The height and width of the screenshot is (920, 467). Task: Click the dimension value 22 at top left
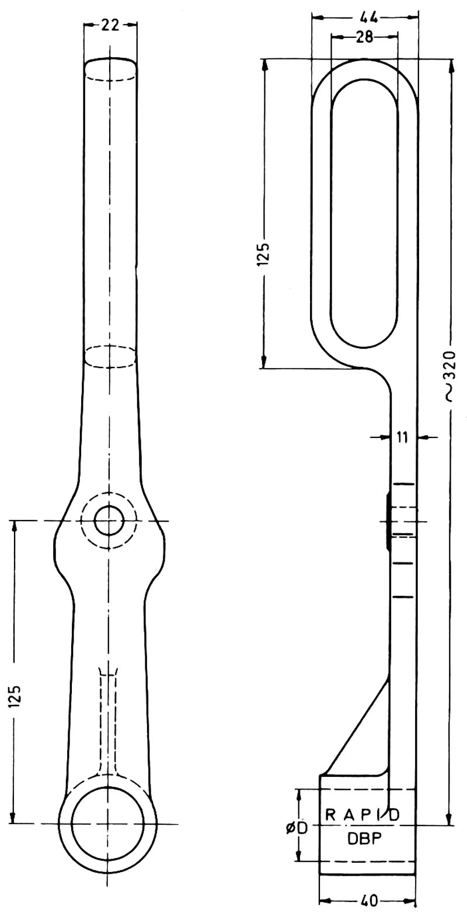110,25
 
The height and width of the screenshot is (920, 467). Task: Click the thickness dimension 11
403,436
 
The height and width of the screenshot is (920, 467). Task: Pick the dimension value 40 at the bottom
368,901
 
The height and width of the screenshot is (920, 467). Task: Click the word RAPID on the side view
362,815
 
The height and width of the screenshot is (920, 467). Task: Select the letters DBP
364,838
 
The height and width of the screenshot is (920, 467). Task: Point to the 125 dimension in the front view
16,696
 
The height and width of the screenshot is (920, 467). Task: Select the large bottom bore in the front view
107,823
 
